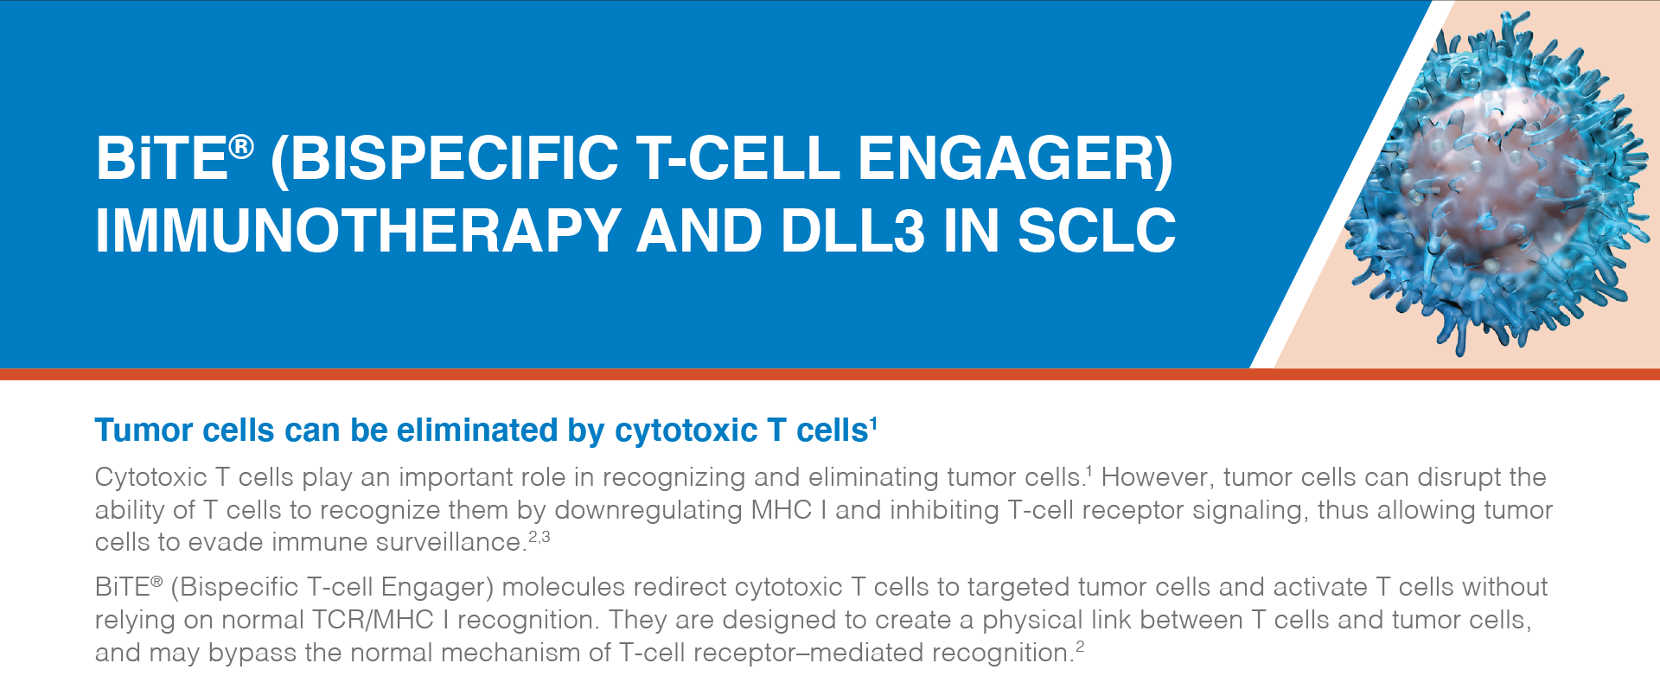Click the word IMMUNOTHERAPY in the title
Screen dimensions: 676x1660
pyautogui.click(x=358, y=231)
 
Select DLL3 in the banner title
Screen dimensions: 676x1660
pyautogui.click(x=852, y=231)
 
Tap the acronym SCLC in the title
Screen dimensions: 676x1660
pyautogui.click(x=1096, y=231)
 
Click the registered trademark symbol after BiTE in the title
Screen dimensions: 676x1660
pyautogui.click(x=241, y=147)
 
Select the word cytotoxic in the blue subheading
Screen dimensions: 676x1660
pyautogui.click(x=686, y=430)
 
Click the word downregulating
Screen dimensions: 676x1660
pyautogui.click(x=648, y=510)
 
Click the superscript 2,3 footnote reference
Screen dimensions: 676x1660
pyautogui.click(x=539, y=537)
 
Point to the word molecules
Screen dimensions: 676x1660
pyautogui.click(x=563, y=587)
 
